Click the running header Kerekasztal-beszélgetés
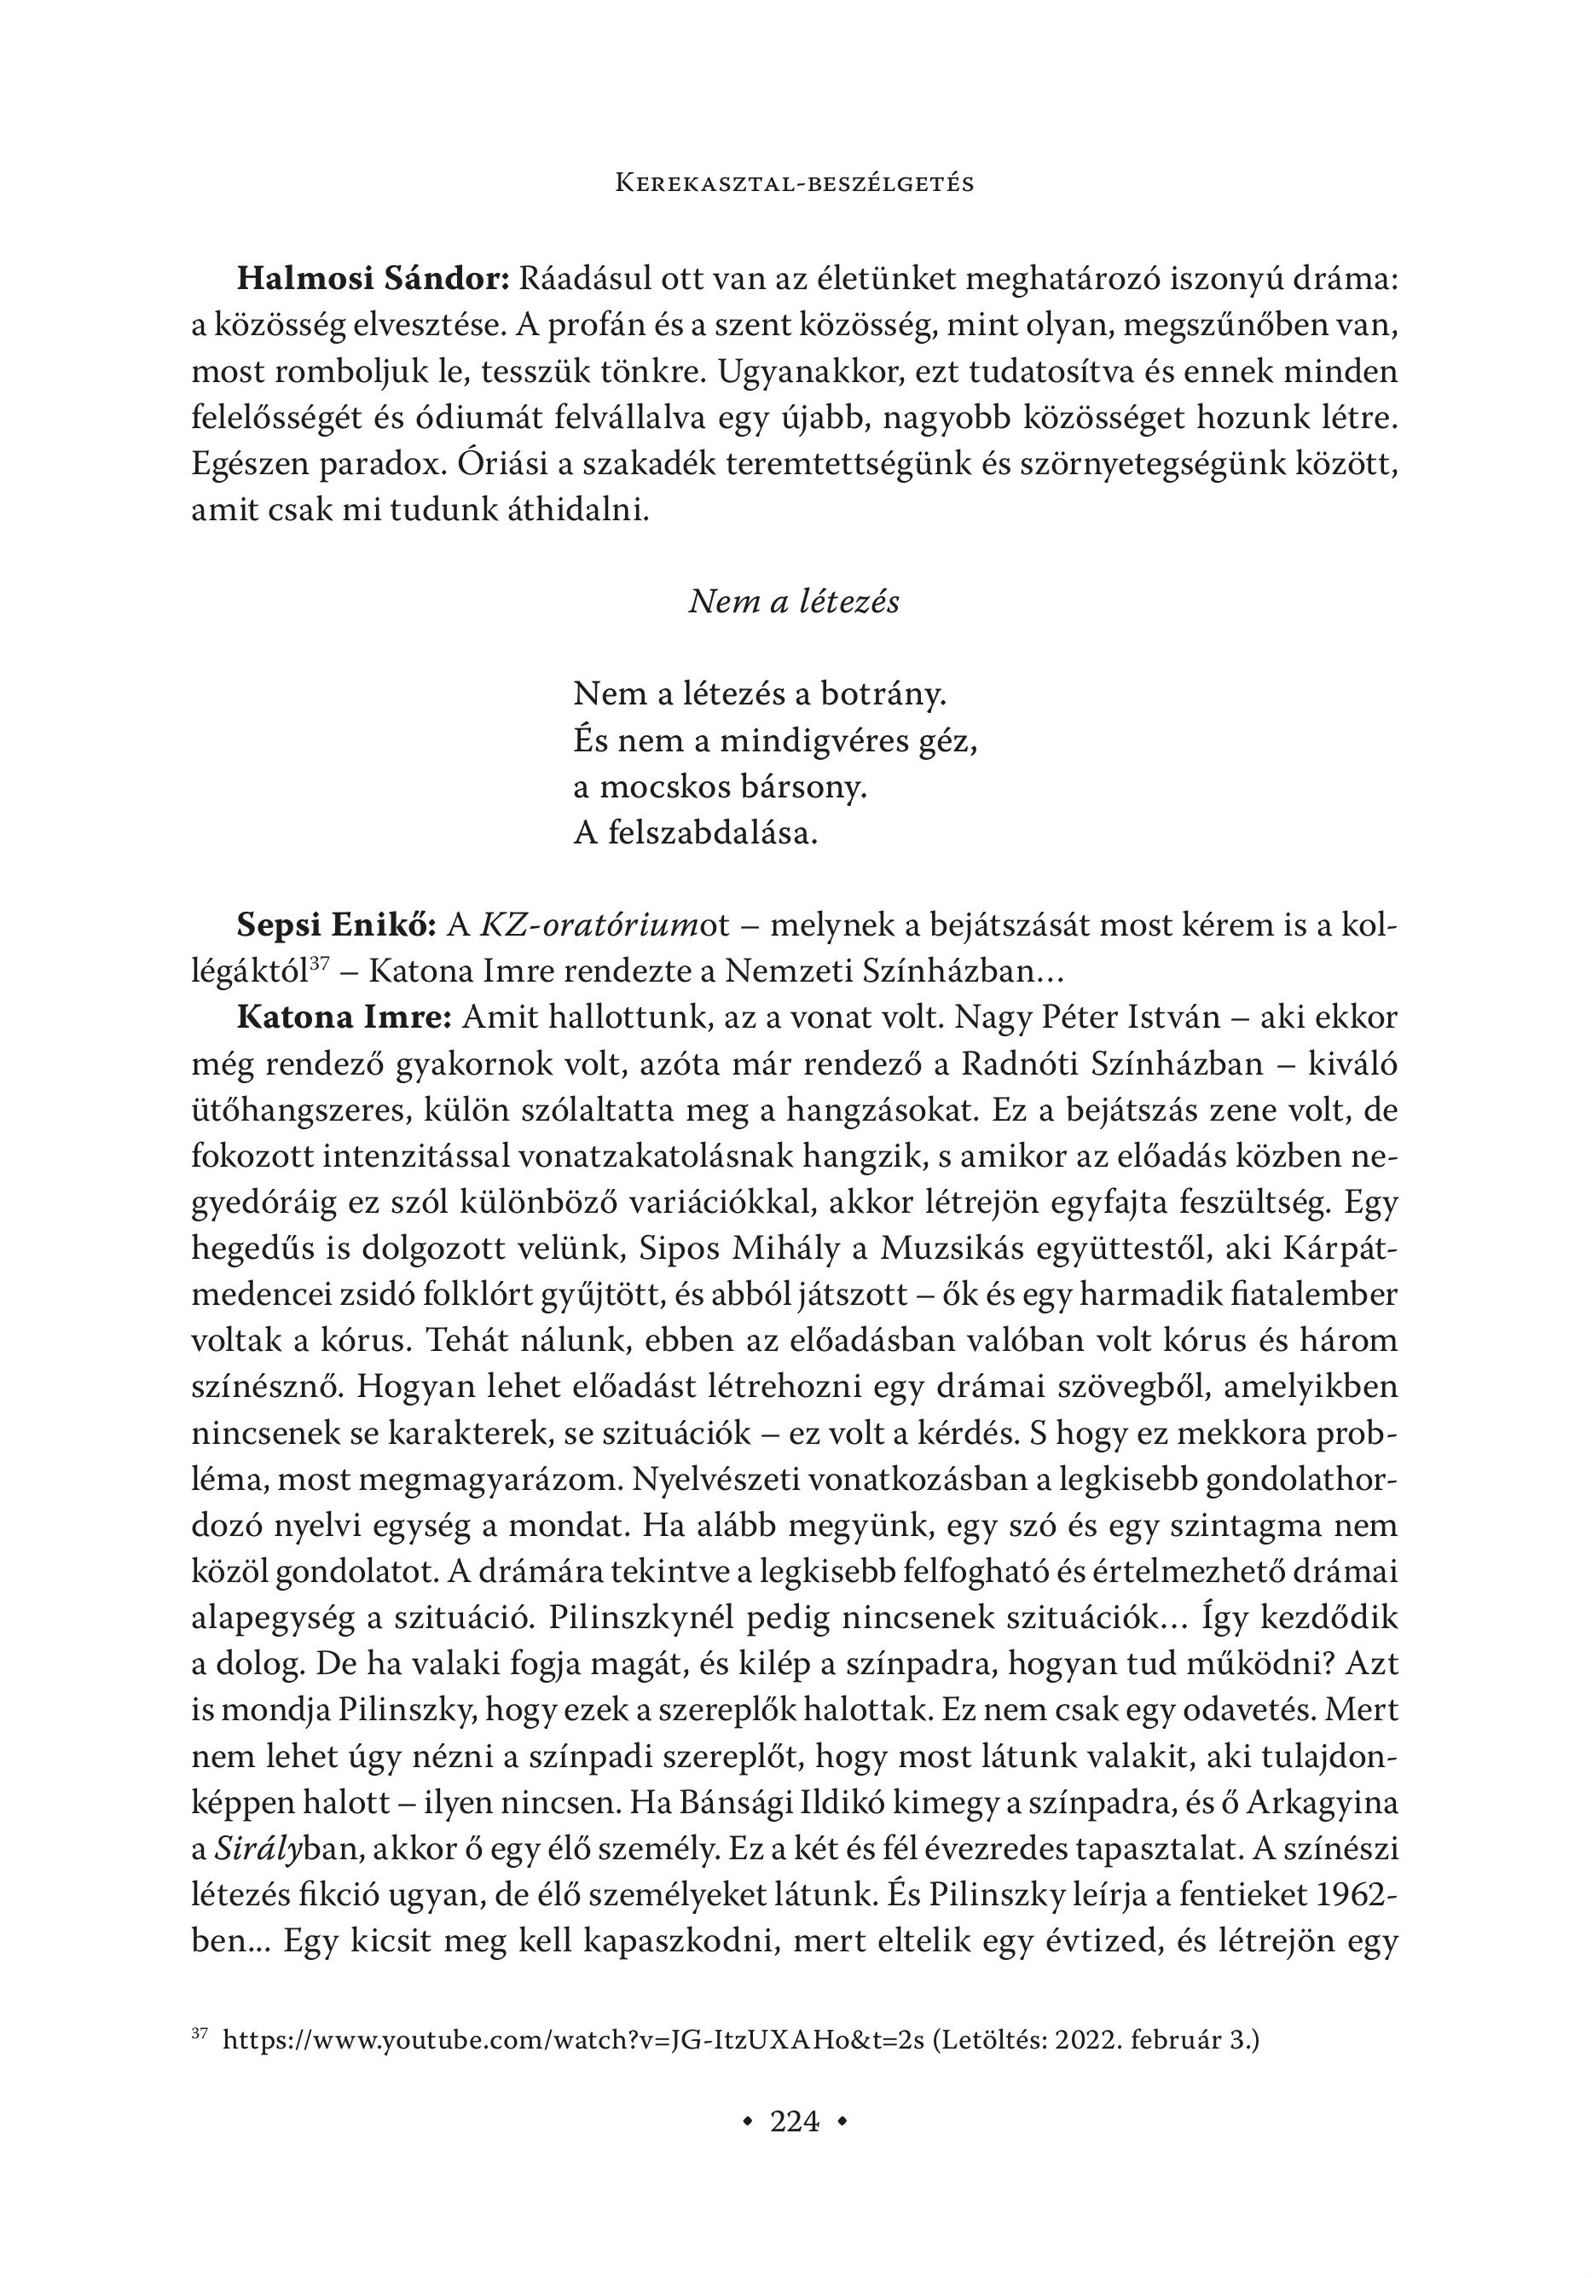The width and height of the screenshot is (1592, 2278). [x=795, y=183]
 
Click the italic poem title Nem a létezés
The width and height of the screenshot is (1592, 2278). [x=794, y=602]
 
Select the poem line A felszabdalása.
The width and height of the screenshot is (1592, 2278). [x=695, y=833]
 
